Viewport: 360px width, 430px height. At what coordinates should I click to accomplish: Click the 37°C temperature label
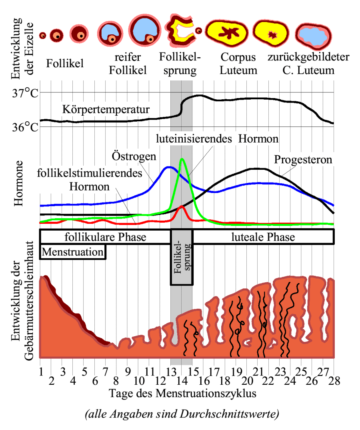click(25, 93)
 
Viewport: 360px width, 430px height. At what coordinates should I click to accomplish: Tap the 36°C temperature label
click(25, 127)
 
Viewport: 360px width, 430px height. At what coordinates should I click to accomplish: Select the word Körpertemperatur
click(106, 109)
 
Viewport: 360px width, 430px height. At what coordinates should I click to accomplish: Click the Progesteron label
click(303, 160)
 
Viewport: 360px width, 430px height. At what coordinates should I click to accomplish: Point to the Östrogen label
click(134, 156)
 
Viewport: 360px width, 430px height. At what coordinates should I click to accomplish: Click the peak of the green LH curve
click(182, 159)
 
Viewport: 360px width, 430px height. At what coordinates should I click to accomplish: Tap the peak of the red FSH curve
click(181, 206)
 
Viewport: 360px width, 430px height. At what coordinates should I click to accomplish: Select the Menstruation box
click(73, 252)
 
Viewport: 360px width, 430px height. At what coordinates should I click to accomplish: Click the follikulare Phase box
click(105, 237)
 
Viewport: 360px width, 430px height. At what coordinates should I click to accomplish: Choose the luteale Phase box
click(263, 237)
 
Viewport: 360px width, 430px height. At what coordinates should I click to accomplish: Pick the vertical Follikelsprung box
click(182, 257)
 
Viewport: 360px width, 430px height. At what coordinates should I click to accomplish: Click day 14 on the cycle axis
click(182, 381)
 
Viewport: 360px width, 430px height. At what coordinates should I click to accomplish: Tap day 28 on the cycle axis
click(334, 381)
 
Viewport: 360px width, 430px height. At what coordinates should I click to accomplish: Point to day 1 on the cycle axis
click(41, 372)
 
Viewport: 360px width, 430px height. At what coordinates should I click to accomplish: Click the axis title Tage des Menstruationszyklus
click(183, 393)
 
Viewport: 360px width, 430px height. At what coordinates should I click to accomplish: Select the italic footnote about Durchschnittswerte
click(182, 414)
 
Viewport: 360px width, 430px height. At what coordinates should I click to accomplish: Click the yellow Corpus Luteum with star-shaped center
click(227, 33)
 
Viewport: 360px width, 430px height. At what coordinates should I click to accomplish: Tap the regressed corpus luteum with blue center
click(314, 36)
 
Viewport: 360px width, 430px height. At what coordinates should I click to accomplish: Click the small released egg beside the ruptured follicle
click(198, 30)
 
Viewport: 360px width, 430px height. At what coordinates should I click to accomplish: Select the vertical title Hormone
click(18, 183)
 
